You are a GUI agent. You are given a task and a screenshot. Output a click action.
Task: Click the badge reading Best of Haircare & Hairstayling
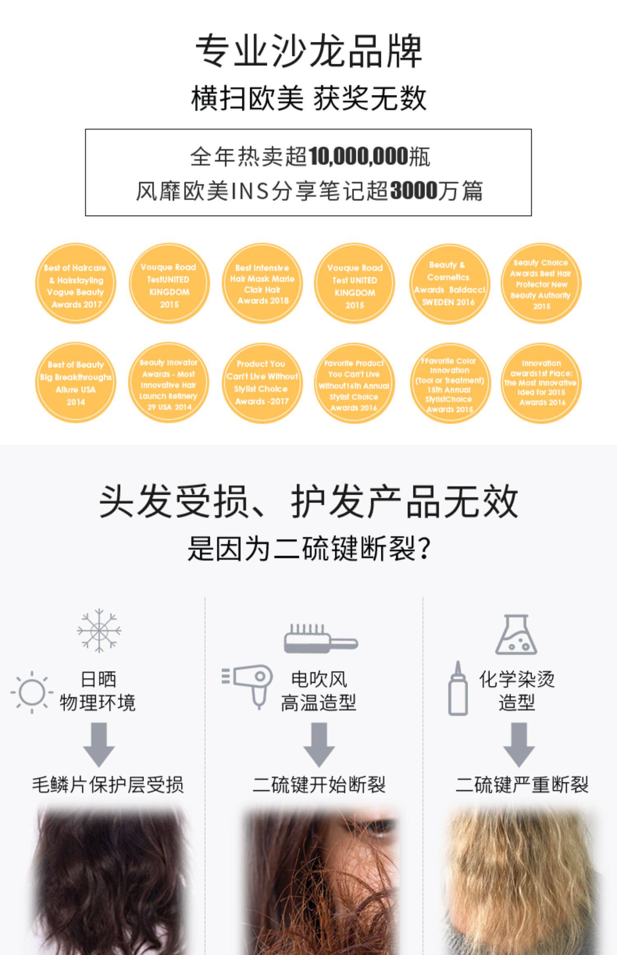click(75, 283)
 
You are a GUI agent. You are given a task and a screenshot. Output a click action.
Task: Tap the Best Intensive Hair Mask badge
click(262, 283)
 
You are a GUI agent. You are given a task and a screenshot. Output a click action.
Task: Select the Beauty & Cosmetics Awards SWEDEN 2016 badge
click(449, 283)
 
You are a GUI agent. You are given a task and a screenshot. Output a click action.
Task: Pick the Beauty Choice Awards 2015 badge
click(541, 283)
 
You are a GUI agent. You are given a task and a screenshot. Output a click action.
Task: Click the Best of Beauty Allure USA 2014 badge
click(75, 383)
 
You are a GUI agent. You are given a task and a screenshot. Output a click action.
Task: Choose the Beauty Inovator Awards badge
click(168, 383)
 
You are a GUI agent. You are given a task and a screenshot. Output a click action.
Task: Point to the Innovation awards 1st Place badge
click(541, 383)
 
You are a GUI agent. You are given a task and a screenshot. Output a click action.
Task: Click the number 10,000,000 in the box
click(358, 157)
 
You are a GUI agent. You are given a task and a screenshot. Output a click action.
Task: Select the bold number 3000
click(413, 190)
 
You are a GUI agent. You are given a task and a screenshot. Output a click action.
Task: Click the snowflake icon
click(99, 630)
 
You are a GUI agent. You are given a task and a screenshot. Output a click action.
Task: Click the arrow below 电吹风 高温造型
click(319, 744)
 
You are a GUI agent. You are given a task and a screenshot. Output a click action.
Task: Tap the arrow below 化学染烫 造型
click(519, 744)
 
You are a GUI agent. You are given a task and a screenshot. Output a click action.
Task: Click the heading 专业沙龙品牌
click(308, 51)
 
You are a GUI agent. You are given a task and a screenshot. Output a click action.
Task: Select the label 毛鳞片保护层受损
click(108, 785)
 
